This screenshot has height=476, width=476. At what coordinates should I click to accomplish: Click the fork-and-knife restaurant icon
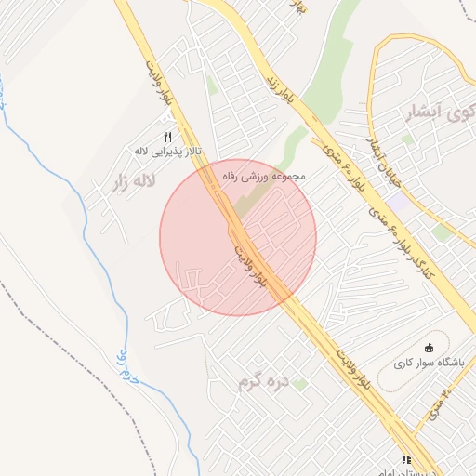[168, 137]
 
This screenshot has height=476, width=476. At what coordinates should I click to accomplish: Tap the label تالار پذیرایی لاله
[168, 151]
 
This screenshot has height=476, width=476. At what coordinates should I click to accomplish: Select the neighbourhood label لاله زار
[131, 181]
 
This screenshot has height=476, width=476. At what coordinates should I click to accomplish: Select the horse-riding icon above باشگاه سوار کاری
[429, 348]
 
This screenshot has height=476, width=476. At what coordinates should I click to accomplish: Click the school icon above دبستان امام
[405, 459]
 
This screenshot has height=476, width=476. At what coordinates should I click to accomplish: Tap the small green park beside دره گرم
[299, 383]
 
